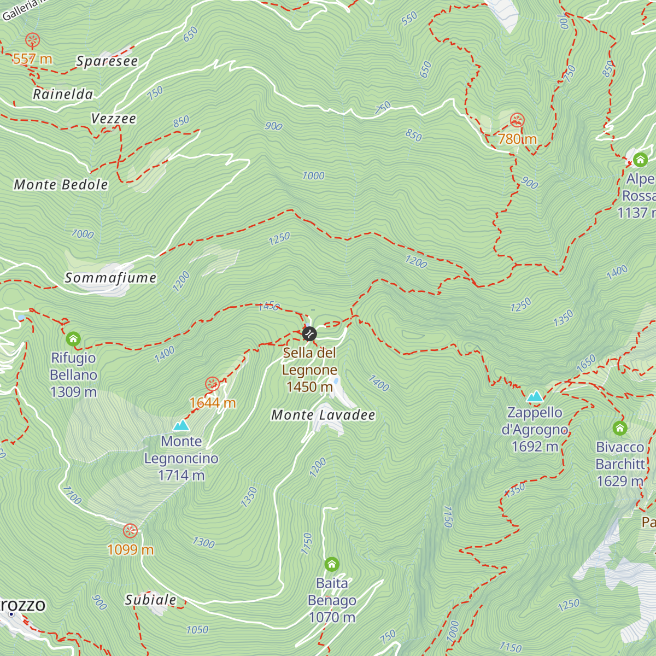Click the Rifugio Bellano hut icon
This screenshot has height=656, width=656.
click(x=73, y=339)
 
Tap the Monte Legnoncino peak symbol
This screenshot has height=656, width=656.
click(x=181, y=425)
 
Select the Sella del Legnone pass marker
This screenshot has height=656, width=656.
click(x=309, y=333)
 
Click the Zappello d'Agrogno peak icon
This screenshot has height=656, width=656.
click(x=535, y=396)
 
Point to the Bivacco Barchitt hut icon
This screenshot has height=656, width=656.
click(x=619, y=428)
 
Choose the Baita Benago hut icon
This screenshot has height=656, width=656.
click(x=332, y=564)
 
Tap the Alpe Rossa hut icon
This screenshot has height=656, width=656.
click(x=640, y=160)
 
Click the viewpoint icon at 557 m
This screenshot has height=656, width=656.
click(x=32, y=40)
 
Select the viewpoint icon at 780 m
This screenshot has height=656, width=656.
click(x=517, y=120)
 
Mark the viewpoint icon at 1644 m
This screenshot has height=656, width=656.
click(x=212, y=384)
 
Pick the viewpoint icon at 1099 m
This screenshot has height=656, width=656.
click(x=130, y=531)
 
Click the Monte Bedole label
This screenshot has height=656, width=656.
click(x=61, y=185)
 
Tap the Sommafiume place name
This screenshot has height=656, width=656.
click(x=111, y=278)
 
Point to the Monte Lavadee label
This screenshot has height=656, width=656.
click(x=323, y=415)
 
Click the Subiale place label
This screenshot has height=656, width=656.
click(x=151, y=600)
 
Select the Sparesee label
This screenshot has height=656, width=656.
click(x=107, y=61)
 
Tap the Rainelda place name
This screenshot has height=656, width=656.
click(x=63, y=94)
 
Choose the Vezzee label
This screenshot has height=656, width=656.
click(x=114, y=119)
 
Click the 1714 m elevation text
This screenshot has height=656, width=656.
click(x=181, y=476)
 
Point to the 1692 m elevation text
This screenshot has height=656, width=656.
click(x=535, y=447)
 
